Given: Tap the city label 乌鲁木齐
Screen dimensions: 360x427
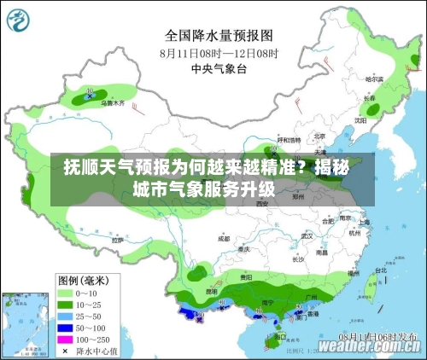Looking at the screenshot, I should coord(113,102).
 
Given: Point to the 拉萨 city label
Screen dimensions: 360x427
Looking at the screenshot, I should coord(117,240).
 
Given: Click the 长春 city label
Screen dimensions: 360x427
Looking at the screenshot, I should coord(370,98).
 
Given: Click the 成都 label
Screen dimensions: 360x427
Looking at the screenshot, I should coord(224,239).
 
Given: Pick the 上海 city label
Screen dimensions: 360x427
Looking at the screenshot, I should coord(366,223).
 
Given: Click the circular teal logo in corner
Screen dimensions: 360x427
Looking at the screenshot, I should coord(22,23).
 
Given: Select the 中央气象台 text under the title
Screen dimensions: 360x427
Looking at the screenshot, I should coord(219,68).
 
